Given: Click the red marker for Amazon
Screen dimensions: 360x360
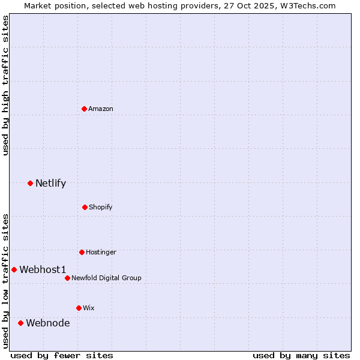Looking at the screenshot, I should click(x=85, y=109).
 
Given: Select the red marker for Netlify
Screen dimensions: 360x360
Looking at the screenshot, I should click(x=30, y=183).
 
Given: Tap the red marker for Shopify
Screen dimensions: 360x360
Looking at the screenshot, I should click(x=85, y=207).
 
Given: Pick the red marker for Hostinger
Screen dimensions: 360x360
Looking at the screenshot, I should click(x=82, y=252).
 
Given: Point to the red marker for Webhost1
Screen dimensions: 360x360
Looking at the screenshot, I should click(x=14, y=269).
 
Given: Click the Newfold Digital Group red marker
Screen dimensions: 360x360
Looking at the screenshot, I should click(x=67, y=278).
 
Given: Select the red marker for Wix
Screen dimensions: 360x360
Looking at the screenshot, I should click(x=79, y=308).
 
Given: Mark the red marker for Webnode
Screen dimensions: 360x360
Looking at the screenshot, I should click(x=20, y=323).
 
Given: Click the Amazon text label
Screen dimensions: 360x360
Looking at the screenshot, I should click(x=101, y=109).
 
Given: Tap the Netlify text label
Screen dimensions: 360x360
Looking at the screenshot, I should click(x=50, y=183).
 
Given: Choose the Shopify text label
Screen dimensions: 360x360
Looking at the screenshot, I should click(x=101, y=207).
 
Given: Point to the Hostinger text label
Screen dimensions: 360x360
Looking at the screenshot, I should click(x=101, y=252).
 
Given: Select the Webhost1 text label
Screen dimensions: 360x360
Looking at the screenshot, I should click(x=43, y=269).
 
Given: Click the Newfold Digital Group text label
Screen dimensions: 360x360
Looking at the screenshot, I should click(x=106, y=278).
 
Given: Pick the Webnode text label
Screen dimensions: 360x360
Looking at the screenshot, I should click(x=47, y=323).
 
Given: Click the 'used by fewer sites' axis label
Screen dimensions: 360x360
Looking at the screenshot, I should click(x=62, y=355).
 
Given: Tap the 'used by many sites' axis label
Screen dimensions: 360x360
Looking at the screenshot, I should click(x=301, y=355).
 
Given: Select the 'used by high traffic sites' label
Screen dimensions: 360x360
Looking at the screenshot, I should click(x=5, y=85).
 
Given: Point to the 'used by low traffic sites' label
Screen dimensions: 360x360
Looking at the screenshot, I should click(x=5, y=280).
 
